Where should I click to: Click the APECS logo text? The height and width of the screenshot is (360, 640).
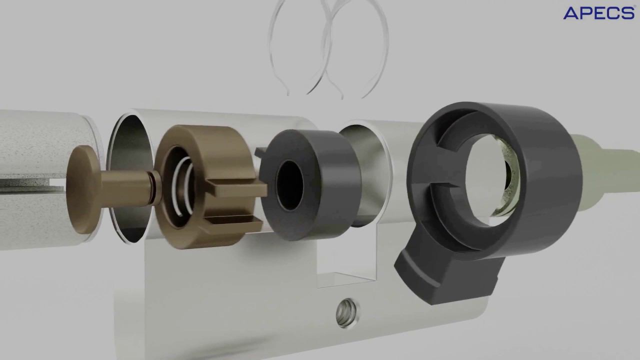pyautogui.click(x=599, y=13)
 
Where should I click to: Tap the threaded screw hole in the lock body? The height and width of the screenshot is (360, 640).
pyautogui.click(x=346, y=313)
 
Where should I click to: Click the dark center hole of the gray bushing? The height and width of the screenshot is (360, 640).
pyautogui.click(x=290, y=185)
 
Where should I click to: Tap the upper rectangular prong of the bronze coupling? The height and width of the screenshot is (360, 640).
pyautogui.click(x=236, y=188)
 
